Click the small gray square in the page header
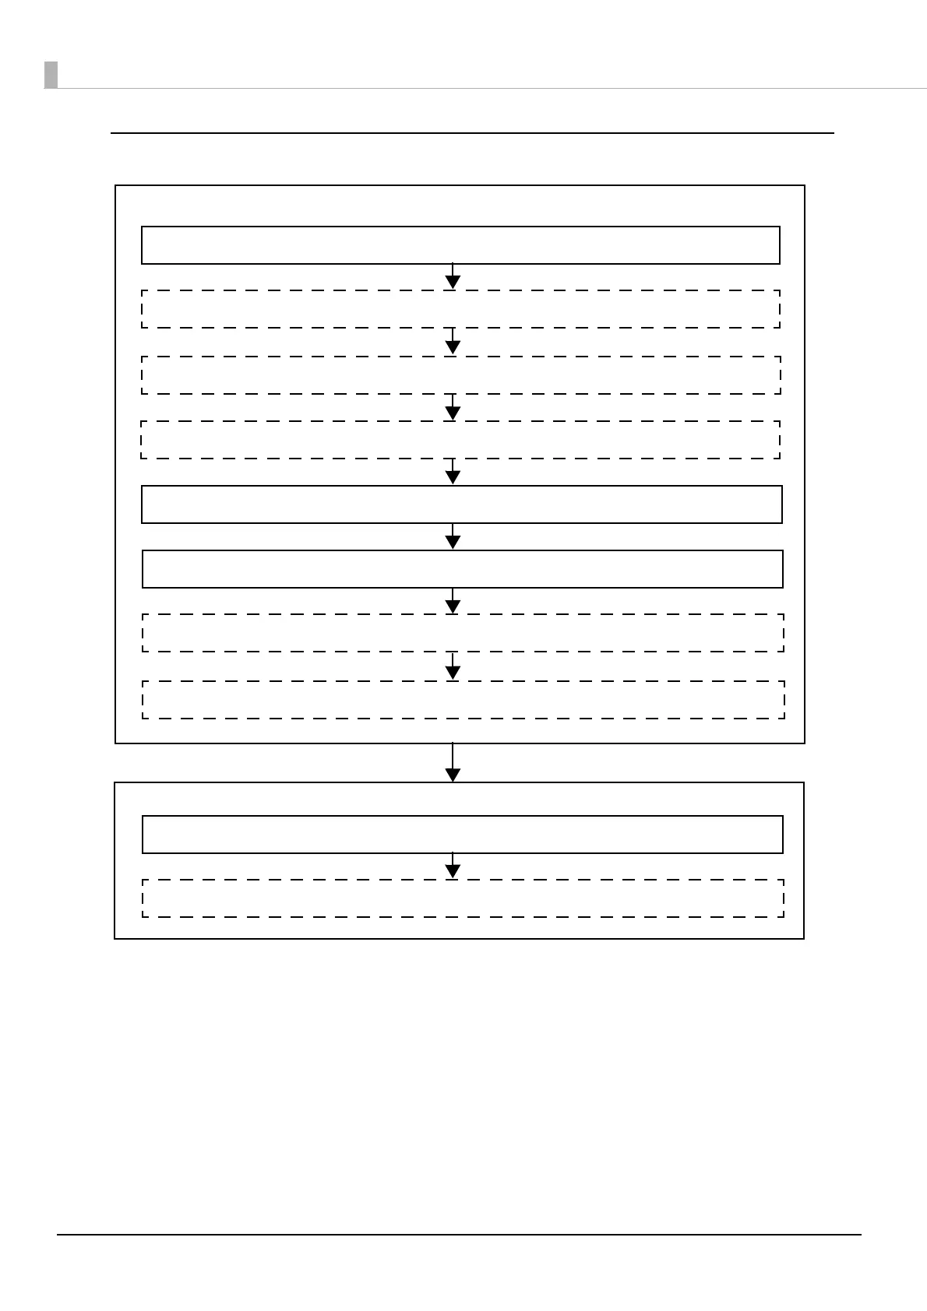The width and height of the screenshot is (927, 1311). click(x=51, y=75)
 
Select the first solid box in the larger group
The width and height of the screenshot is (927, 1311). click(x=460, y=245)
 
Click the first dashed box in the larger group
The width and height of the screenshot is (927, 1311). click(x=460, y=309)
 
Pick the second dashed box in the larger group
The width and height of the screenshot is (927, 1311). click(x=460, y=375)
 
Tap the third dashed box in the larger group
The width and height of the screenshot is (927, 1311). click(x=460, y=440)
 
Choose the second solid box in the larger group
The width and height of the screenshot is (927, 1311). click(x=461, y=504)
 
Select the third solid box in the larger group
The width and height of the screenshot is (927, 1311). click(x=462, y=569)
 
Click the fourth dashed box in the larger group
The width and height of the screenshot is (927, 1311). click(x=463, y=633)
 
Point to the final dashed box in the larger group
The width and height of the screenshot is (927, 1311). click(x=463, y=700)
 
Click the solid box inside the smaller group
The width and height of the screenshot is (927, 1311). click(x=462, y=835)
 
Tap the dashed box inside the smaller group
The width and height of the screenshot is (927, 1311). click(x=463, y=898)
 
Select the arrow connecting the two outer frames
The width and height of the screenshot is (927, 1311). click(x=453, y=764)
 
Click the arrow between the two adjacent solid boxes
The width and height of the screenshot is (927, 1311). click(x=453, y=537)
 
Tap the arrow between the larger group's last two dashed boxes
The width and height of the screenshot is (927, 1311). click(x=453, y=667)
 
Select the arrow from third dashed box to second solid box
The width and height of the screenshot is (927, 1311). click(x=453, y=473)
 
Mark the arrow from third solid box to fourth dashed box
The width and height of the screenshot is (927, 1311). click(x=453, y=602)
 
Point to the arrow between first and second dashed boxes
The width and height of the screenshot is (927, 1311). click(x=453, y=343)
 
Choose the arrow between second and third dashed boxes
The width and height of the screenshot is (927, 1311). click(x=453, y=408)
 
